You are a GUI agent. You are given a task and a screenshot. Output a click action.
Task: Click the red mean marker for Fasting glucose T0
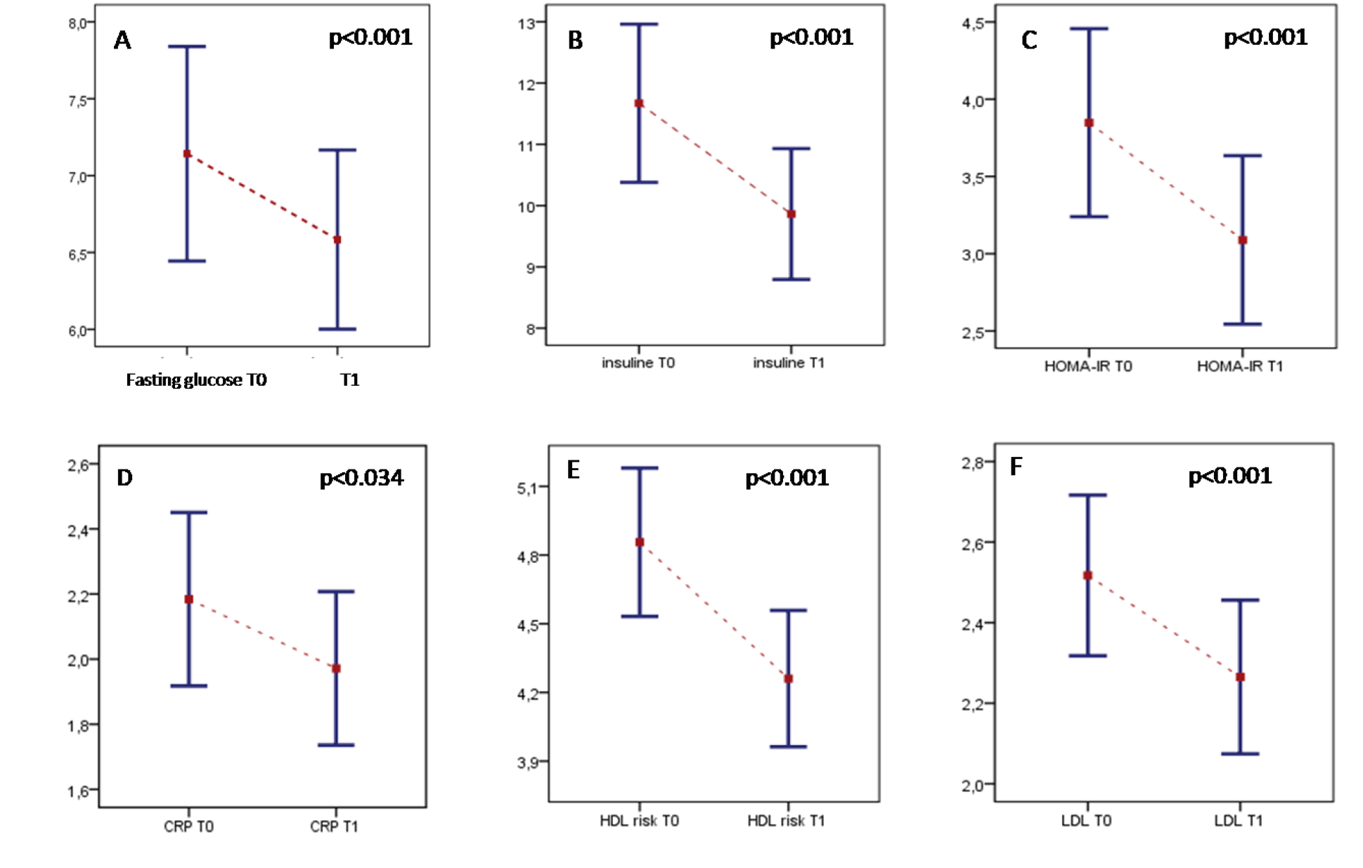click(x=187, y=154)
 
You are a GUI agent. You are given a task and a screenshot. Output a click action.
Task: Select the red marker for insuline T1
click(x=791, y=214)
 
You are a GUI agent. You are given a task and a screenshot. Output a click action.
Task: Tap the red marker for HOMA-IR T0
click(x=1089, y=123)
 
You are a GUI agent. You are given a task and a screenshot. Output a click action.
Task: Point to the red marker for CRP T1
click(x=336, y=668)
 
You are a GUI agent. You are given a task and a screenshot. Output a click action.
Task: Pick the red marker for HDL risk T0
click(x=640, y=543)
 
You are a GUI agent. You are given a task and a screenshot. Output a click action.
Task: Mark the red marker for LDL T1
click(x=1240, y=677)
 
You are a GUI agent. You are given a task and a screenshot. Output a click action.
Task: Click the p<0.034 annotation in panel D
click(x=361, y=478)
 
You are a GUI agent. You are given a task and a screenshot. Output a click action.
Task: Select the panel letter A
click(x=122, y=41)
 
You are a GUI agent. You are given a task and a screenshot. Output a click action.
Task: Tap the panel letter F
click(x=1016, y=467)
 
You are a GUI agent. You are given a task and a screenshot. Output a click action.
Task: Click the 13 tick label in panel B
click(x=527, y=23)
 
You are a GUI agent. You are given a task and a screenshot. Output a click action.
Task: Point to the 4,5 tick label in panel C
click(x=973, y=23)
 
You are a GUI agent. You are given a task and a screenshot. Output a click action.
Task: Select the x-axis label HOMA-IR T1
click(x=1239, y=366)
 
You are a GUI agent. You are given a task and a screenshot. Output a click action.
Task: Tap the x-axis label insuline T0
click(x=638, y=363)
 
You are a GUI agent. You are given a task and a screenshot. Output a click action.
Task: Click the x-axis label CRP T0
click(x=188, y=827)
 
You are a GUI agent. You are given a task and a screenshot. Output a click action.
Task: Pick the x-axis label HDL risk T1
click(x=786, y=821)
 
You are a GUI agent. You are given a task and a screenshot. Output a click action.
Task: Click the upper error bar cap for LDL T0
click(x=1087, y=495)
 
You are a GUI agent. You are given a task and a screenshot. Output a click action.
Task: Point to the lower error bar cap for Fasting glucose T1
click(x=337, y=329)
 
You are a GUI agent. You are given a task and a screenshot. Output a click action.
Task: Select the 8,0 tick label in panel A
click(x=77, y=24)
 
